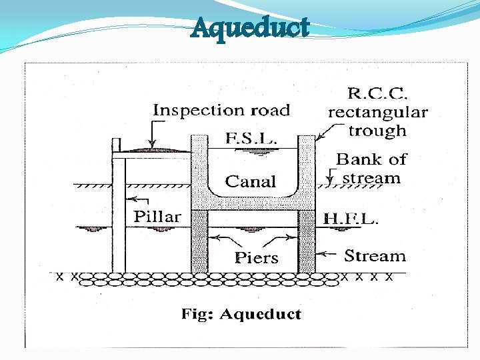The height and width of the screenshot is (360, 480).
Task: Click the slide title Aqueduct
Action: (250, 29)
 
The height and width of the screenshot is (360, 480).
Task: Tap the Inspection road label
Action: (222, 111)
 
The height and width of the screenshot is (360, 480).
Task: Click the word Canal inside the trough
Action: (251, 181)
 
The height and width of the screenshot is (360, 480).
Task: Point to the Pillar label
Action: (157, 217)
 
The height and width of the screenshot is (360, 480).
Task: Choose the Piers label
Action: (257, 258)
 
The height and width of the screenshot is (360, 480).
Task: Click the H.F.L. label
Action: (351, 219)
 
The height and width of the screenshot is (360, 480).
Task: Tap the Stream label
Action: (375, 256)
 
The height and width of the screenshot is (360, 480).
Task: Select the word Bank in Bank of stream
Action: (357, 160)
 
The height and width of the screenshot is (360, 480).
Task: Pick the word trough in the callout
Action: (377, 131)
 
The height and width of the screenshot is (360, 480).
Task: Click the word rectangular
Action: (377, 113)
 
